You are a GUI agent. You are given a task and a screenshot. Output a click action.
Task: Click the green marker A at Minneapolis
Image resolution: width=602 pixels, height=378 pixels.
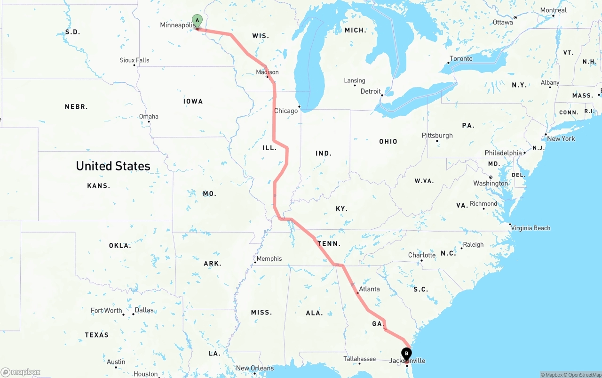197,21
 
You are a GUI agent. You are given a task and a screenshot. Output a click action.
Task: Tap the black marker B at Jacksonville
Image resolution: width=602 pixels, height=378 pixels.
406,354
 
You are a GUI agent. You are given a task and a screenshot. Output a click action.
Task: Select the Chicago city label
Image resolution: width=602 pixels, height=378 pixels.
286,111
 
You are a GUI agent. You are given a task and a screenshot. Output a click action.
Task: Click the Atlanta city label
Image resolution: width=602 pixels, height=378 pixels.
369,289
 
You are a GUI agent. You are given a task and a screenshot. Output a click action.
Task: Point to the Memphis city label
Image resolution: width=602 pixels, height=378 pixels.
269,258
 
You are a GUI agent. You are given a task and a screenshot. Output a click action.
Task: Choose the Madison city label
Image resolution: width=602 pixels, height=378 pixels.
267,72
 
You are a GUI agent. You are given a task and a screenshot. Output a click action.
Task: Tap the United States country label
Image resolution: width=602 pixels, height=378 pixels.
113,166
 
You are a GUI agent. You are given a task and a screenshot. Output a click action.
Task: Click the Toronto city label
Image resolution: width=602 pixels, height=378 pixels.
461,58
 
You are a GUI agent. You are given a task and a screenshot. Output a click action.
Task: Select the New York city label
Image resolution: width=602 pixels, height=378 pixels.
561,139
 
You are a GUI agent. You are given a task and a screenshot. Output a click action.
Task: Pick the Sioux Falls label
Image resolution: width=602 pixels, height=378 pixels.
135,60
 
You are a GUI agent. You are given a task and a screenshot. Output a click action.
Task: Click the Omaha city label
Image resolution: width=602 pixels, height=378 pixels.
149,116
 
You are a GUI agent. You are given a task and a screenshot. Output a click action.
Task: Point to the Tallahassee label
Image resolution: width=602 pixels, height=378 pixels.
359,359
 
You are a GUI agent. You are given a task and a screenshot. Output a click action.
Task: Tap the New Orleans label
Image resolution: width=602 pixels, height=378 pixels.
254,368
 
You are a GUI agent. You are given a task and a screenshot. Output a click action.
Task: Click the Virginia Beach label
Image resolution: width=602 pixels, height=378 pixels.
531,228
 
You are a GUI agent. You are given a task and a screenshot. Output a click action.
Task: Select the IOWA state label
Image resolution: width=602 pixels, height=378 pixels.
193,101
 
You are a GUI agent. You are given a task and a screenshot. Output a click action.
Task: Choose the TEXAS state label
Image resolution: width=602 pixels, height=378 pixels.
97,335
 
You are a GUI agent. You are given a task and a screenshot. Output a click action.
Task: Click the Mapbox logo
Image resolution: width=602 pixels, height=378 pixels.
21,372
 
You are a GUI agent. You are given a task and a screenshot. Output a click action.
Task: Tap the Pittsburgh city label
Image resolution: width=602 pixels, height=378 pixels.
437,136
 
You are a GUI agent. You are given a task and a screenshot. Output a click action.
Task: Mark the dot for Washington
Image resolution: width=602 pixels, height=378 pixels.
491,177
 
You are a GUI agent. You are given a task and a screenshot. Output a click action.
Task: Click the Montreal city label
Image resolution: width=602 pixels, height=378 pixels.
554,10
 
